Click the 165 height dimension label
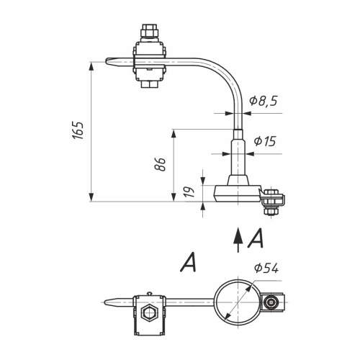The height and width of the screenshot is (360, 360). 78,131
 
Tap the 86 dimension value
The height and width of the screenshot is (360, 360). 160,164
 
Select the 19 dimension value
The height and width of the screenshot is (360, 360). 189,192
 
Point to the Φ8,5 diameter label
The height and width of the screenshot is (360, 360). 263,101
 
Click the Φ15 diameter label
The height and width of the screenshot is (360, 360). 265,141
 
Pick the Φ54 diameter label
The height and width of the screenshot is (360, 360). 266,268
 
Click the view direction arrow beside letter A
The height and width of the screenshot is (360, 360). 238,240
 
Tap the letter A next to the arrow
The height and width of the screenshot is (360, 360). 256,238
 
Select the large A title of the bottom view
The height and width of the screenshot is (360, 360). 188,262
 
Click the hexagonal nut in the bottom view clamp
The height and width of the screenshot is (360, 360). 148,312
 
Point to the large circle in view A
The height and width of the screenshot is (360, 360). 238,280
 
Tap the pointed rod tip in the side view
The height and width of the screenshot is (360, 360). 107,61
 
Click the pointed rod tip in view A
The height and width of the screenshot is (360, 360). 106,302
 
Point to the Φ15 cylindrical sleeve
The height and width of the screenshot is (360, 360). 238,158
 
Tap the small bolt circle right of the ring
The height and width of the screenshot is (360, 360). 271,302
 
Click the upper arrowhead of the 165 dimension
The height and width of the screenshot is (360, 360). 91,67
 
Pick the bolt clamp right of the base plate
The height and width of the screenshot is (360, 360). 272,201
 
